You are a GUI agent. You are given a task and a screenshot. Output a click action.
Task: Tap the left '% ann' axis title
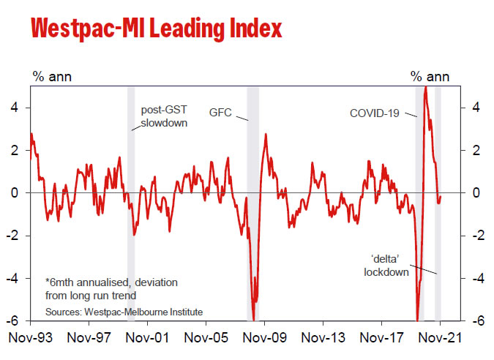point(51,75)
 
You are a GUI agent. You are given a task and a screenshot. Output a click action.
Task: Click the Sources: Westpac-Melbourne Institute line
point(124,311)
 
